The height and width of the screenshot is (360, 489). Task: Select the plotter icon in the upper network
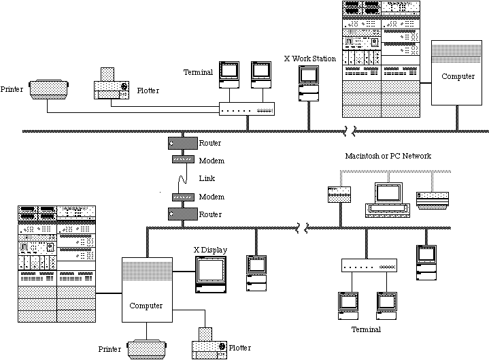tap(112, 85)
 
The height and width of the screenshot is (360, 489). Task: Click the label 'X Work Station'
tap(309, 59)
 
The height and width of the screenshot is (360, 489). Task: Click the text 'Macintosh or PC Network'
tap(388, 156)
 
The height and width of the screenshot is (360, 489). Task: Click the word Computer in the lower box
tap(146, 306)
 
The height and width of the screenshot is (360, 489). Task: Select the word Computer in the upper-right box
tap(458, 77)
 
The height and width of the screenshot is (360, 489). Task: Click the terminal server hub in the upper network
tap(247, 109)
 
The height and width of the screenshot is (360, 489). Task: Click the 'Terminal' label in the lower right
tap(366, 329)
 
